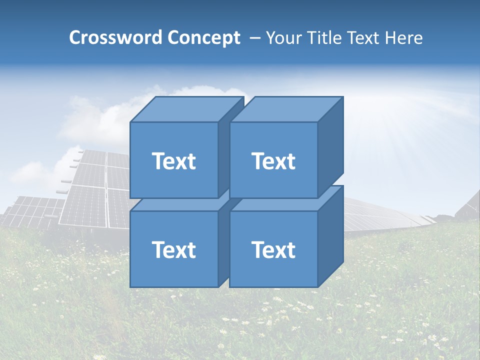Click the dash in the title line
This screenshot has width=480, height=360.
pyautogui.click(x=254, y=38)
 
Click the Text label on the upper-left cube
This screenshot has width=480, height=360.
pyautogui.click(x=174, y=161)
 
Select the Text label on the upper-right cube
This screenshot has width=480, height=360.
pyautogui.click(x=273, y=161)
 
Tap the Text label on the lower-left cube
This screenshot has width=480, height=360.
pyautogui.click(x=174, y=249)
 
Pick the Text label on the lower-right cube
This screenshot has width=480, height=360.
pyautogui.click(x=273, y=249)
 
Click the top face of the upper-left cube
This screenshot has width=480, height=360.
pyautogui.click(x=186, y=109)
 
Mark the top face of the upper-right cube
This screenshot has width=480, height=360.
pyautogui.click(x=286, y=109)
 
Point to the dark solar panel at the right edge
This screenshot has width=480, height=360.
pyautogui.click(x=470, y=205)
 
